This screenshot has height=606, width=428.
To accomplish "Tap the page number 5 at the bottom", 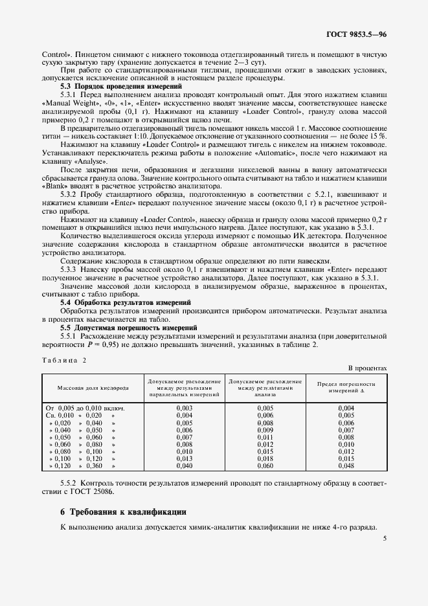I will click(384, 537).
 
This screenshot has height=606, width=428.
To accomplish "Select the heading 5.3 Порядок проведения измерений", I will click(121, 86).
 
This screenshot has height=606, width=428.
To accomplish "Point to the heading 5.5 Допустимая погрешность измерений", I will click(129, 328).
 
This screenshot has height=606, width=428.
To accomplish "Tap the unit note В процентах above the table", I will click(367, 368).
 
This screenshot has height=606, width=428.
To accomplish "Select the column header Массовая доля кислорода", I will click(93, 387).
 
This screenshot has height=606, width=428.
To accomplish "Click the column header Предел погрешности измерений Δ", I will click(346, 387).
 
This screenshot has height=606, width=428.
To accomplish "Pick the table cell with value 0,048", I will click(346, 466).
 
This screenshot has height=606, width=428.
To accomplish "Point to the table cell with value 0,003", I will click(185, 408).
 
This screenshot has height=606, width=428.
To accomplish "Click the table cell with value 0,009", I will click(265, 430).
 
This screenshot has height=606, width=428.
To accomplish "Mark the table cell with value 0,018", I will click(265, 458).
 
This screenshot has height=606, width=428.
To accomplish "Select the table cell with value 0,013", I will click(185, 458).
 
